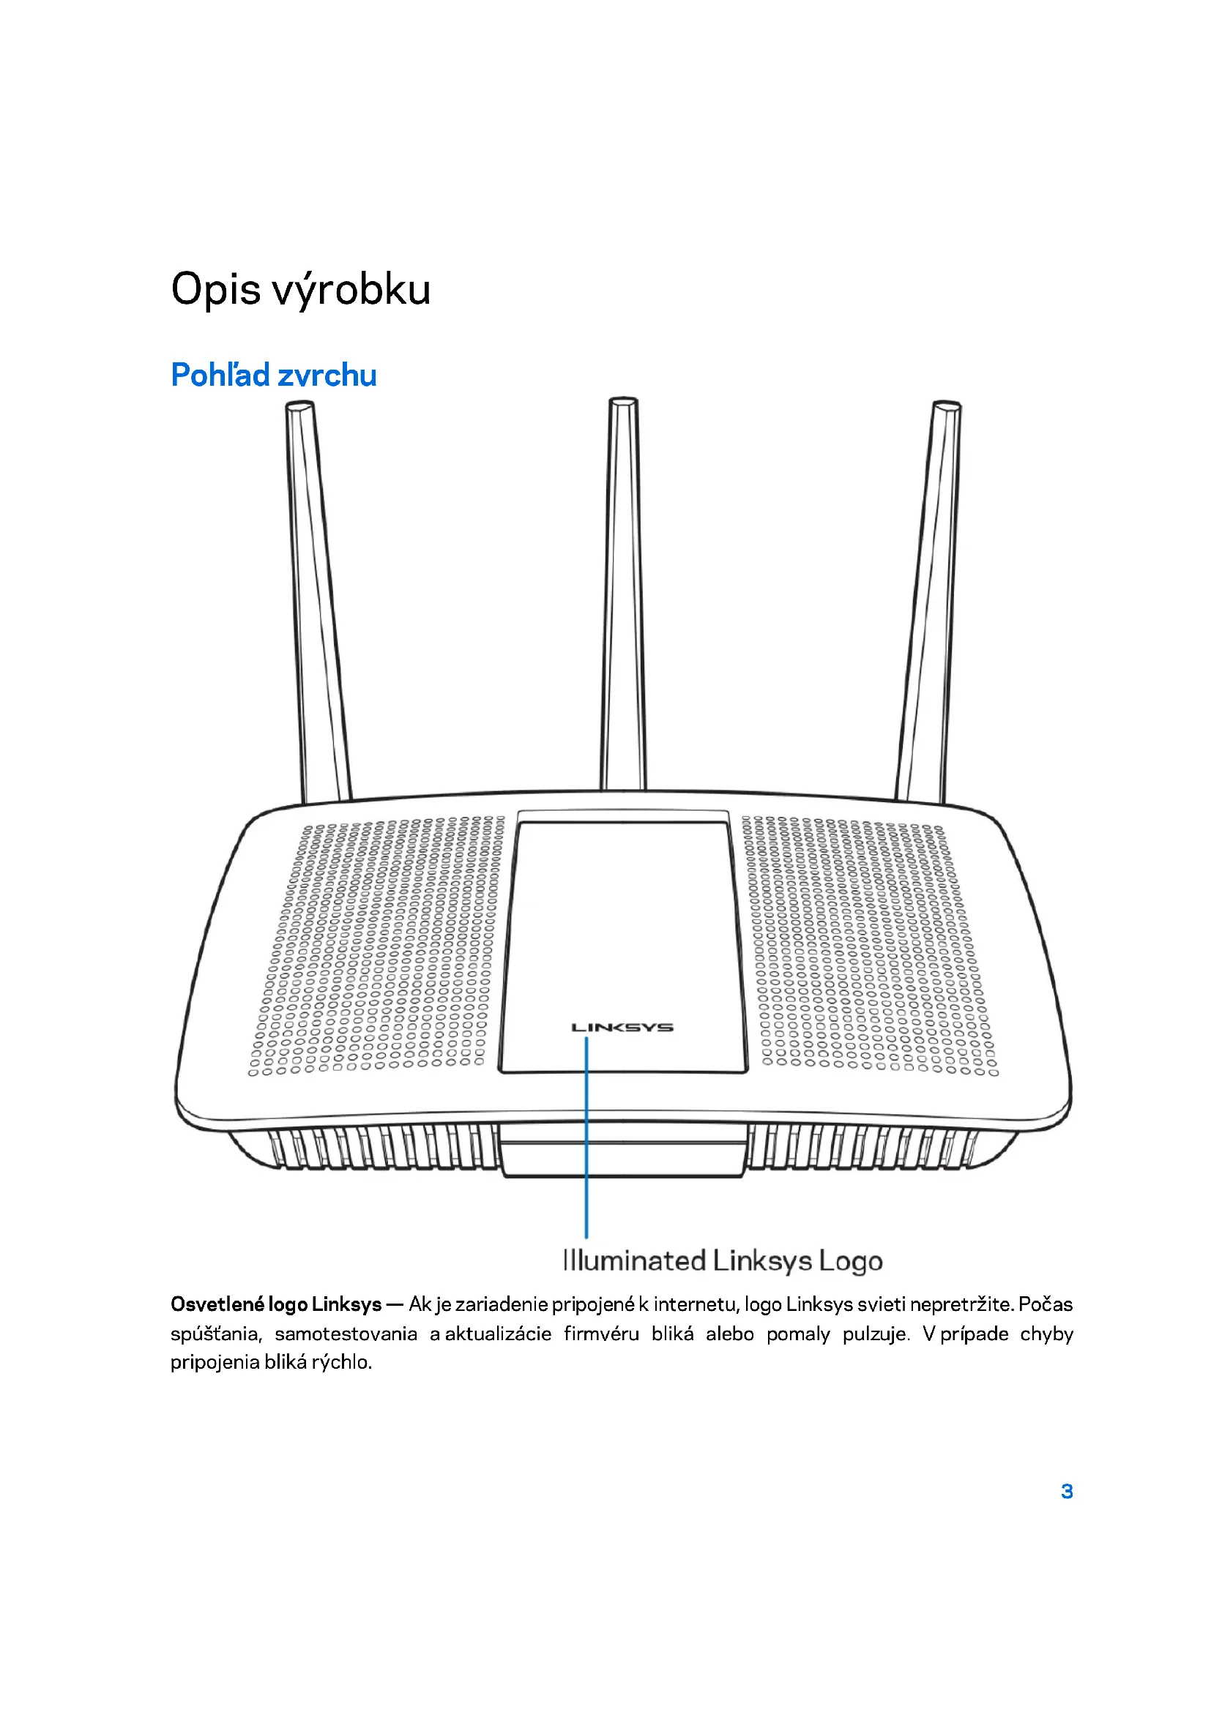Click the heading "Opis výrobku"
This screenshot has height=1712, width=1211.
tap(300, 289)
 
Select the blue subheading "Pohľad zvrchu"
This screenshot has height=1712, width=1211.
tap(274, 375)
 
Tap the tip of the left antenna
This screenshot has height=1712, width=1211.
tap(299, 407)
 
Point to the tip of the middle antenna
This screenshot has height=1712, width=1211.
tap(623, 403)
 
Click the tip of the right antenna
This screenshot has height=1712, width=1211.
tap(946, 406)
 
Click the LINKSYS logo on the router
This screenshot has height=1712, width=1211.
tap(622, 1028)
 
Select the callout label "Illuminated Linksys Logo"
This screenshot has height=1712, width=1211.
tap(723, 1261)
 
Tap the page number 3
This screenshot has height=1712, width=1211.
tap(1066, 1491)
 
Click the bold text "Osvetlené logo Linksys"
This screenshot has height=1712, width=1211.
tap(276, 1304)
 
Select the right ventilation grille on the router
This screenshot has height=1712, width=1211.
tap(869, 947)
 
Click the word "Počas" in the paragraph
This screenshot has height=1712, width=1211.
tap(1046, 1304)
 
